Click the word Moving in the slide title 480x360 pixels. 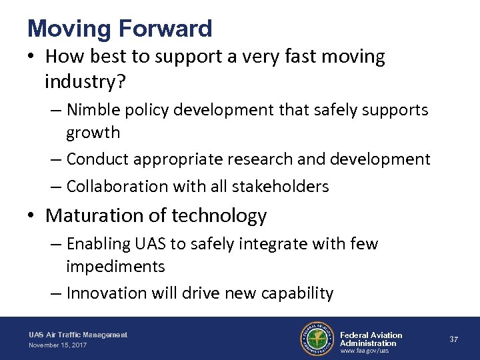tap(68, 29)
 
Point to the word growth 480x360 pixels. tap(93, 132)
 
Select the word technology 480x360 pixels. tap(221, 216)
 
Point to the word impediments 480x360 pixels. tap(115, 267)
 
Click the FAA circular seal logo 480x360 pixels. tap(317, 339)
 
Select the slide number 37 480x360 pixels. tap(453, 339)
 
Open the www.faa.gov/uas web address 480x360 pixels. tap(364, 351)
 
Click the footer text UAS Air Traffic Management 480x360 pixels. tap(78, 334)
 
